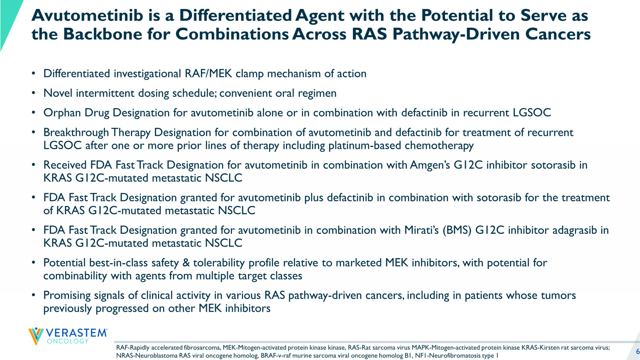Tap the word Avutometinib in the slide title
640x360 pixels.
coord(87,15)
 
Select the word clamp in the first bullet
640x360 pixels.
coord(250,74)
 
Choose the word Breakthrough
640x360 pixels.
coord(76,133)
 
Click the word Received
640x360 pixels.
coord(65,165)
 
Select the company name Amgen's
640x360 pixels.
coord(430,165)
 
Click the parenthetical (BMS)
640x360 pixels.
coord(457,230)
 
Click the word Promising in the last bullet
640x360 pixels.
coord(67,296)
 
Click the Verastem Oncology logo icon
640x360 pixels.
coord(36,336)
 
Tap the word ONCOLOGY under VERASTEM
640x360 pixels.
coord(68,341)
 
